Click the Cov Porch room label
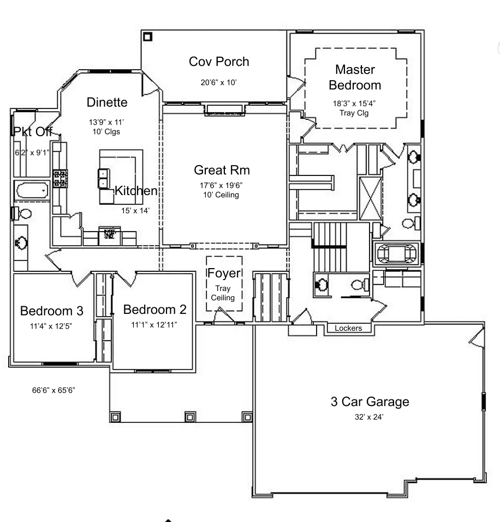pos(219,62)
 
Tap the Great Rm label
pos(222,170)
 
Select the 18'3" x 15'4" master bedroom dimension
pos(354,104)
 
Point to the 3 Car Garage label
pos(370,402)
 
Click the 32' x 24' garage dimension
pos(369,417)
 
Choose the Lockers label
pos(348,328)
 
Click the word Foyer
pos(224,273)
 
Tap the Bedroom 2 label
pos(155,309)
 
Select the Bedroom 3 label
pos(52,311)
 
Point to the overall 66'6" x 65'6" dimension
pos(53,390)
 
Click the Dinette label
pos(107,102)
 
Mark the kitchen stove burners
pos(60,178)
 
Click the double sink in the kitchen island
pos(103,178)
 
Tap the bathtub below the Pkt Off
pos(32,191)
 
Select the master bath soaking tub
pos(396,254)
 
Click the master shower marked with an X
pos(371,198)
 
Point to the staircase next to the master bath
pos(330,247)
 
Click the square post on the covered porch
pos(148,37)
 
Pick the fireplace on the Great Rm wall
pos(224,110)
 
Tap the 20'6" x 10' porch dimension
pos(219,82)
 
